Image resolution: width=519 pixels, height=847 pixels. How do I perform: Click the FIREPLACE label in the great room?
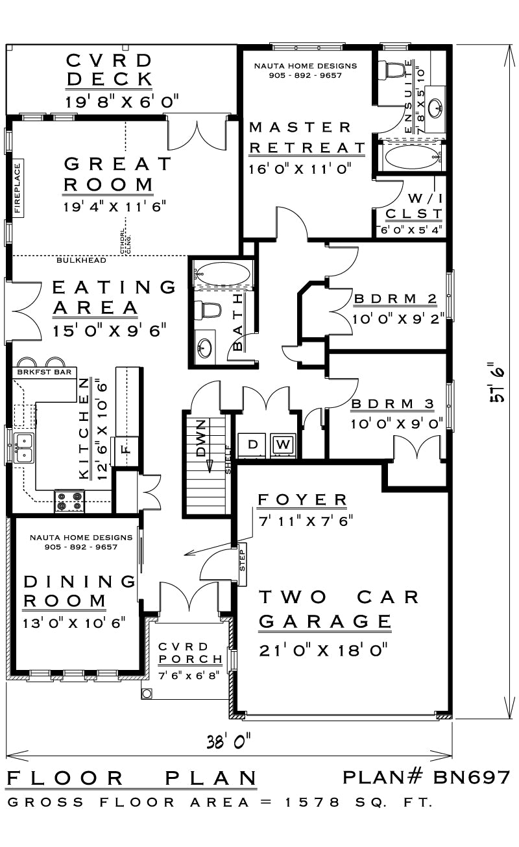pyautogui.click(x=18, y=188)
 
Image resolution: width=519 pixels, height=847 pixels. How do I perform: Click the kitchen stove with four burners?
pyautogui.click(x=69, y=501)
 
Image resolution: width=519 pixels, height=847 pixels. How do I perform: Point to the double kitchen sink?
pyautogui.click(x=24, y=447)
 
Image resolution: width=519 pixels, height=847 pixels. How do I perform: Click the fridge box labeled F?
pyautogui.click(x=127, y=447)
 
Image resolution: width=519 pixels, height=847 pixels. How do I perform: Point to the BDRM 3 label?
pyautogui.click(x=392, y=404)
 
